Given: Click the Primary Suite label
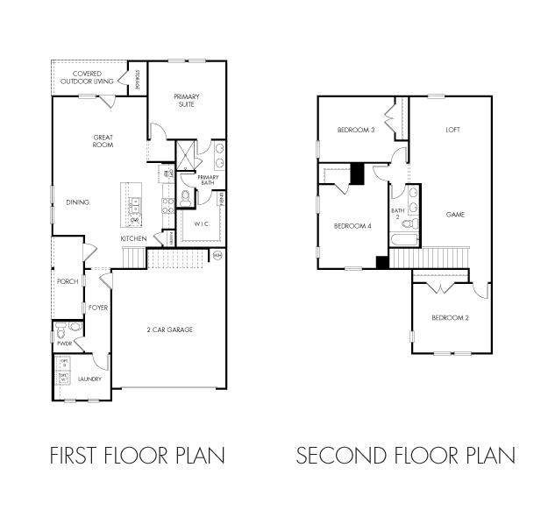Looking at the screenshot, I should click(185, 100).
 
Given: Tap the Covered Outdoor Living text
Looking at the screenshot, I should click(86, 77).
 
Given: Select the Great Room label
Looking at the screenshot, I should click(103, 140).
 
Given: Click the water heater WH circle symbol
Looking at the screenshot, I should click(217, 255).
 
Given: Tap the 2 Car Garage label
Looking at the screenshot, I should click(169, 329).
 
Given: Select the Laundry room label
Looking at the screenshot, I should click(89, 379).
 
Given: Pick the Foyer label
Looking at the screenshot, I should click(97, 308).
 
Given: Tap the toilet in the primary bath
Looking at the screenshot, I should click(186, 196).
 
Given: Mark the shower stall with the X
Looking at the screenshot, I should click(187, 156).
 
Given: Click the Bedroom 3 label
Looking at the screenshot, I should click(356, 131).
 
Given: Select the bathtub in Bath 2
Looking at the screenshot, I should click(404, 239).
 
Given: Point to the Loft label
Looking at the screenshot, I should click(452, 130).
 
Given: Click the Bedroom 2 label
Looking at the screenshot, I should click(449, 317).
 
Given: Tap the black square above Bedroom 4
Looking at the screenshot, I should click(357, 174).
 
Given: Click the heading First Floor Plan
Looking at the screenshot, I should click(138, 456).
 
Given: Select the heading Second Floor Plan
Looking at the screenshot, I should click(405, 456).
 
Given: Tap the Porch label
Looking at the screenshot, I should click(67, 281).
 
